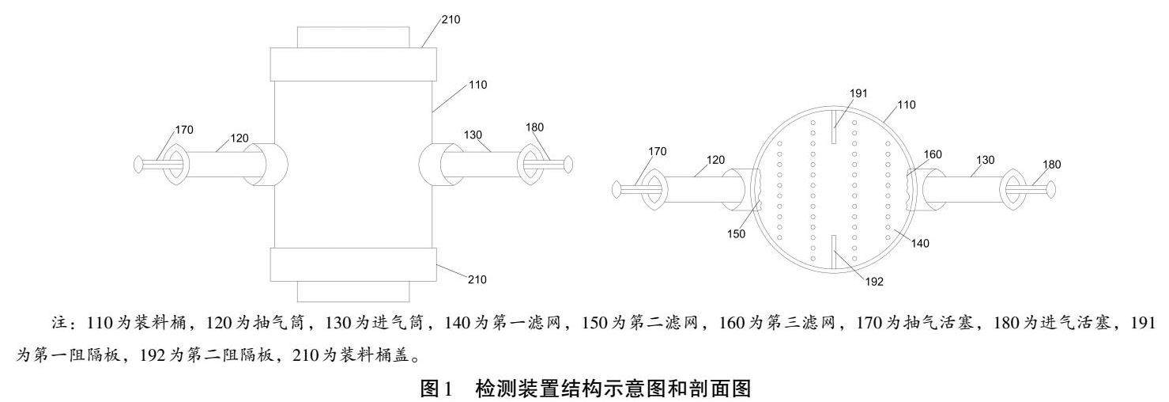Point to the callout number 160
coord(933,154)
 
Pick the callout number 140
coord(921,244)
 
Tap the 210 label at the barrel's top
coord(451,19)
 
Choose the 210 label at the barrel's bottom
coord(476,279)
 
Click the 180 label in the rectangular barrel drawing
coord(534,127)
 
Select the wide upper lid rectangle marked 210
coord(353,63)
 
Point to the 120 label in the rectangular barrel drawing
coord(239,138)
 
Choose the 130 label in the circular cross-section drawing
coord(984,159)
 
